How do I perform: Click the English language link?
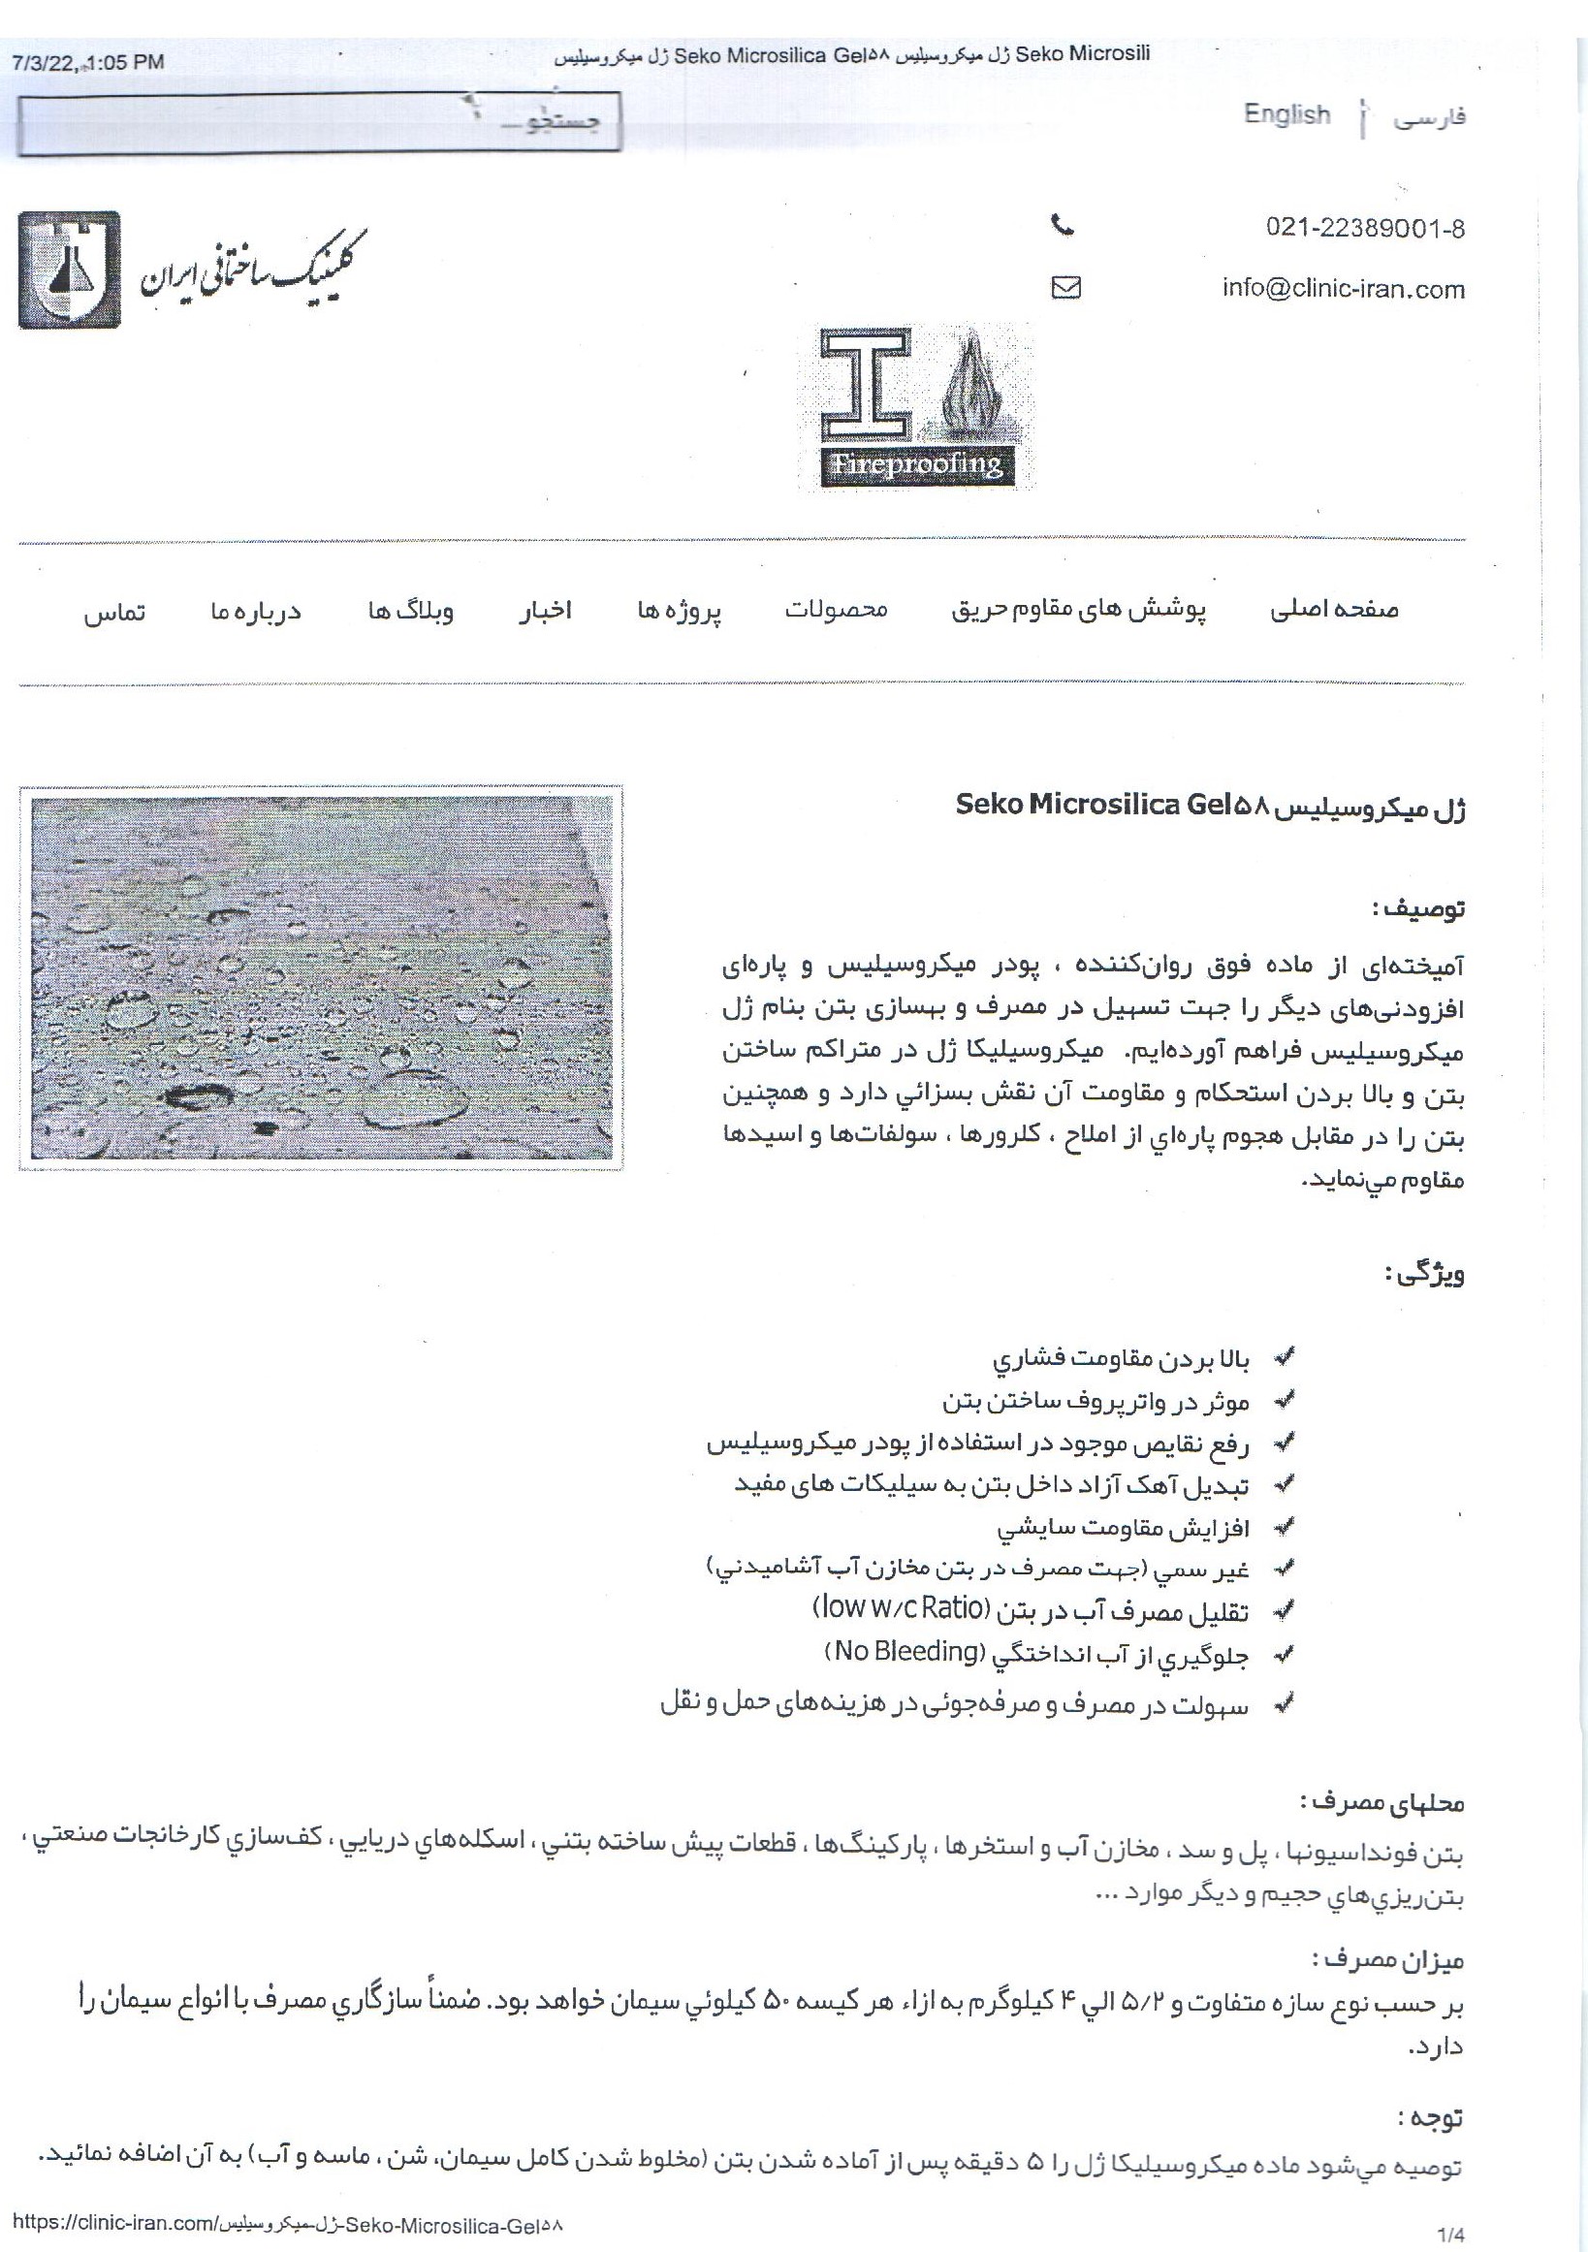pyautogui.click(x=1286, y=114)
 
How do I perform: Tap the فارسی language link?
pyautogui.click(x=1429, y=117)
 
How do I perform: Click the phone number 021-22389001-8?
pyautogui.click(x=1365, y=230)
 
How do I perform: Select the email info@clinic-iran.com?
pyautogui.click(x=1343, y=289)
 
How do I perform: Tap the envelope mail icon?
pyautogui.click(x=1065, y=287)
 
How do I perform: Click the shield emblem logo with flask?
pyautogui.click(x=69, y=269)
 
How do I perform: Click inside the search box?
pyautogui.click(x=319, y=122)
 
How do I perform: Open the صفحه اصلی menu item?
pyautogui.click(x=1335, y=610)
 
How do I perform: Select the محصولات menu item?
pyautogui.click(x=836, y=609)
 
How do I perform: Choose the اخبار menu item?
pyautogui.click(x=546, y=611)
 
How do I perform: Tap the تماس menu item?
pyautogui.click(x=113, y=613)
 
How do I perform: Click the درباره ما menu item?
pyautogui.click(x=256, y=612)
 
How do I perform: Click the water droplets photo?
pyautogui.click(x=322, y=978)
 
